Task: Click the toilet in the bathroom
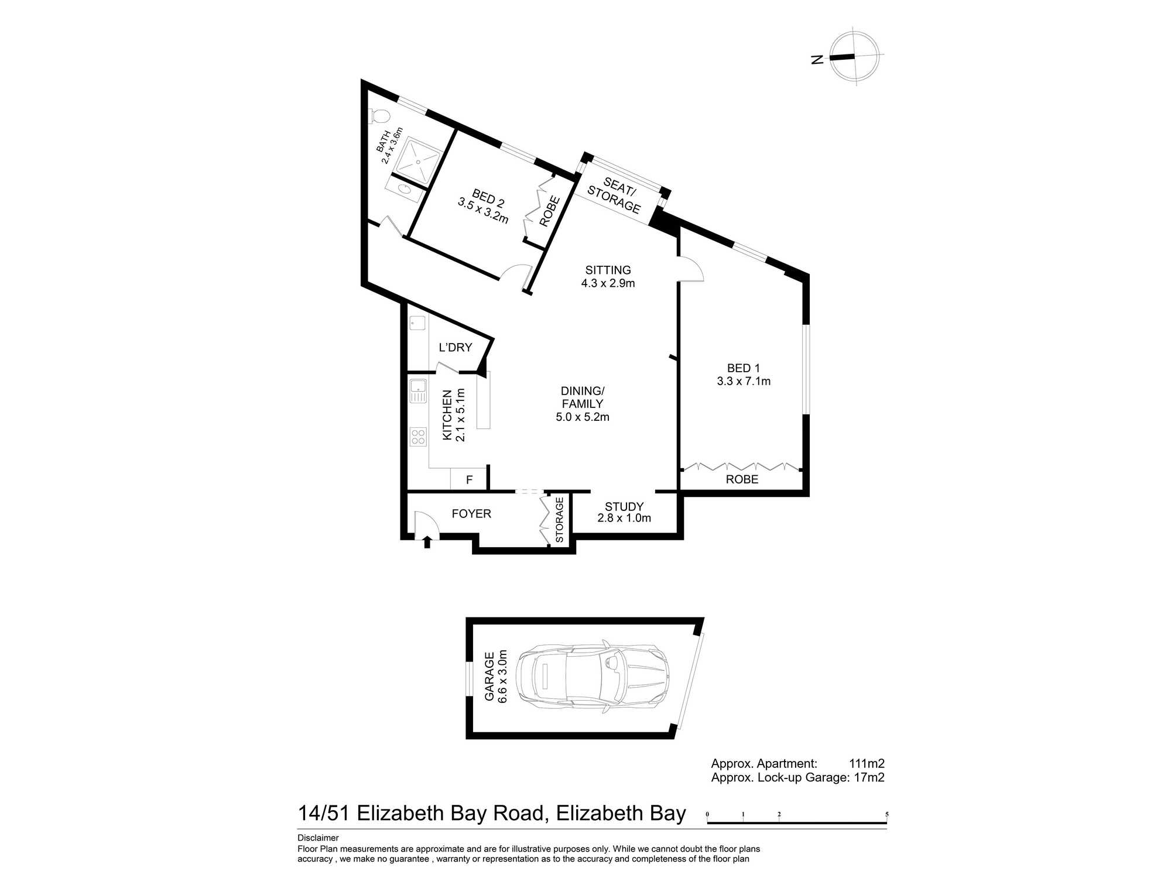coord(378,116)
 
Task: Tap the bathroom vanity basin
coord(405,188)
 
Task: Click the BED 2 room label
coord(488,198)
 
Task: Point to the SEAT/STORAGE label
coord(615,195)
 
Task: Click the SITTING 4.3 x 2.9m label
coord(608,276)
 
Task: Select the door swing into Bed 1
coord(691,269)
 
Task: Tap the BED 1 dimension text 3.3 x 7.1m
coord(744,381)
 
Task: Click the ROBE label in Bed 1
coord(742,479)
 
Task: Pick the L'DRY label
coord(455,347)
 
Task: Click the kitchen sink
coord(418,391)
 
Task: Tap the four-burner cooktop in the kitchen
coord(418,437)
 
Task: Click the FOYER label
coord(471,514)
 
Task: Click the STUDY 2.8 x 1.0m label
coord(624,512)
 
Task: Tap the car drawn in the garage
coord(593,678)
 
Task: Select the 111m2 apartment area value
coord(867,763)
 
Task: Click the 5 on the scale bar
coord(887,814)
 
